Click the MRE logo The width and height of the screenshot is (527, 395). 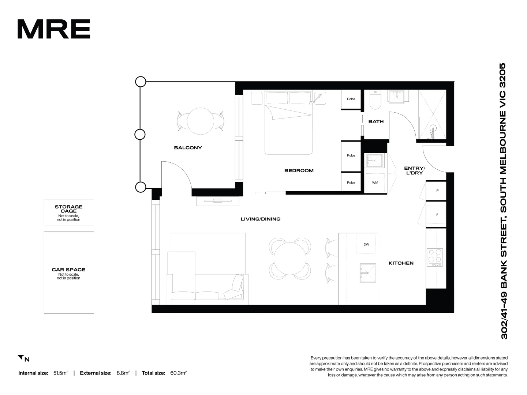[54, 29]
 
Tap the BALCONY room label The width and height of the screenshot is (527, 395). [188, 148]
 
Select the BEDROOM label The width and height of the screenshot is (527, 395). [299, 170]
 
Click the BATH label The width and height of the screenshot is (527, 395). [376, 121]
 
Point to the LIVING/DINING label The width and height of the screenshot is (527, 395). [260, 219]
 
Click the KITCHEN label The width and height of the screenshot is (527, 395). [401, 263]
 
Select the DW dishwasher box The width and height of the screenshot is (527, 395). [366, 244]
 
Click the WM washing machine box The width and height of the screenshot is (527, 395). [375, 182]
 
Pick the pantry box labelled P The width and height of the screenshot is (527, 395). [437, 191]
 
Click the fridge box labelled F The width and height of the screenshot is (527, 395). [437, 215]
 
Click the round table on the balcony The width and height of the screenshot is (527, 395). [200, 121]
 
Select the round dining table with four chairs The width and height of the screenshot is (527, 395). [290, 259]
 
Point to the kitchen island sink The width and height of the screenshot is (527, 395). [367, 273]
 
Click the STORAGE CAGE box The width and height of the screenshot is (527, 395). [69, 212]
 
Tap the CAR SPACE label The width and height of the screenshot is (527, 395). [69, 270]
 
